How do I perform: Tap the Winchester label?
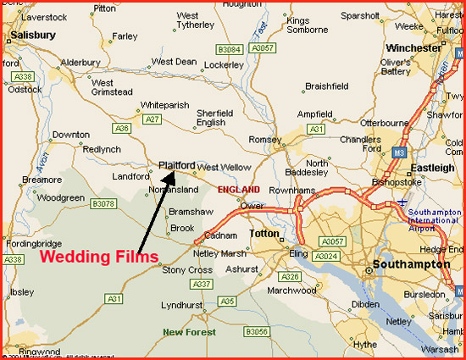coord(419,48)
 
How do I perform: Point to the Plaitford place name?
coord(177,165)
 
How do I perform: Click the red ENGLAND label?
coord(239,190)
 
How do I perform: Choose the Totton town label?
coord(264,233)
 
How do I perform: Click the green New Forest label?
coord(188,331)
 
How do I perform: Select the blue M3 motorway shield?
coord(399,152)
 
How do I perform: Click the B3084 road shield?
coord(228,50)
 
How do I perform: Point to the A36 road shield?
coord(122,129)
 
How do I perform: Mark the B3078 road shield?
coord(103,203)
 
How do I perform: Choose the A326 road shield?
coord(291,277)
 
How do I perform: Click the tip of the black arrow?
coord(175,173)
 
